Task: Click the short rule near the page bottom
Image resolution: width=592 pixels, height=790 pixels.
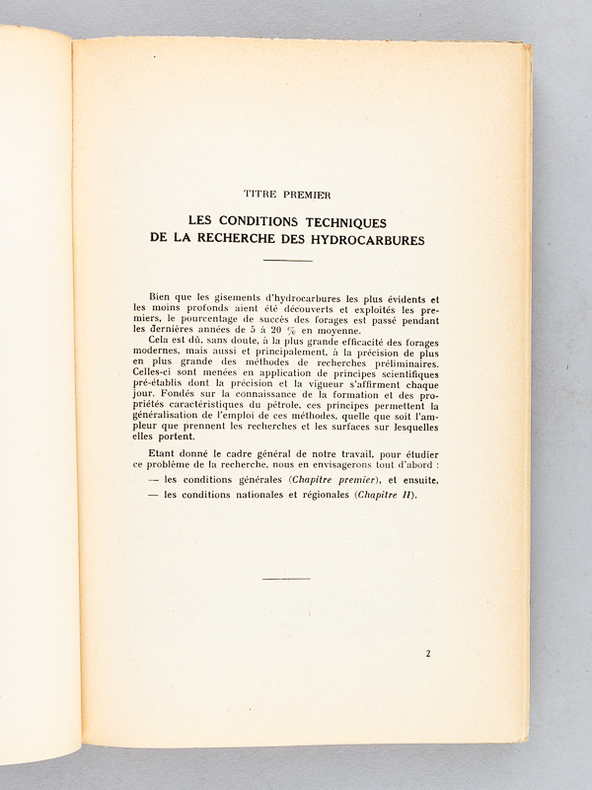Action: pyautogui.click(x=287, y=579)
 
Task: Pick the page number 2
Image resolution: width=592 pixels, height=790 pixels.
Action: pyautogui.click(x=428, y=653)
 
